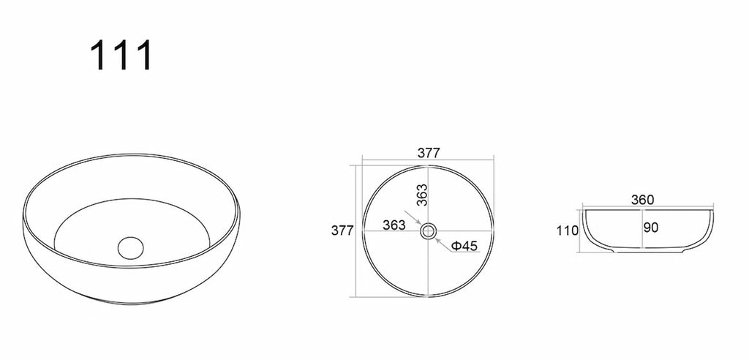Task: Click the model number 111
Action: (x=121, y=55)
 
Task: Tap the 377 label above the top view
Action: (x=429, y=153)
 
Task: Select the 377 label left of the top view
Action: (x=342, y=230)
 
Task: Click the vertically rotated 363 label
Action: (x=421, y=195)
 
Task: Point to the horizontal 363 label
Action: (x=394, y=225)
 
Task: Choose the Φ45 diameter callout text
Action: (x=464, y=246)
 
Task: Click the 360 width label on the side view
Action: (x=642, y=200)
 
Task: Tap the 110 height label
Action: (x=568, y=231)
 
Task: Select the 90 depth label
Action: (x=651, y=228)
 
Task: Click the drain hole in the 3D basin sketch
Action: (x=130, y=247)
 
